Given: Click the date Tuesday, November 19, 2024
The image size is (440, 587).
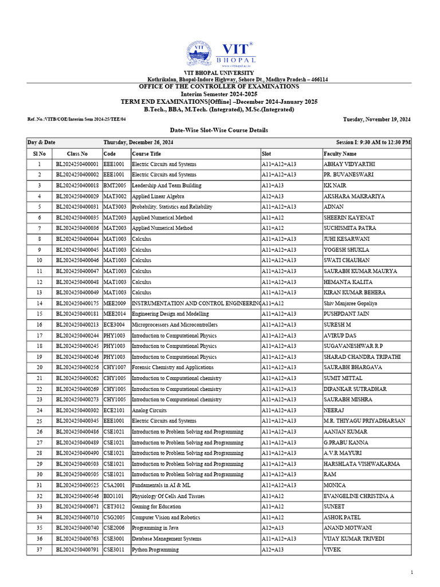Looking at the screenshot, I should click(376, 119).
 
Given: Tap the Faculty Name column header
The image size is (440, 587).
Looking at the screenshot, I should click(340, 154).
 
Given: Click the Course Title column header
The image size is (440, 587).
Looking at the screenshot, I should click(147, 154).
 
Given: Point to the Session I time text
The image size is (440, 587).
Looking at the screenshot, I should click(373, 142).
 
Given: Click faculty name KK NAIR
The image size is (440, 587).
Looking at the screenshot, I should click(335, 186).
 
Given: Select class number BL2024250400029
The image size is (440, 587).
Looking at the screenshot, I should click(77, 196).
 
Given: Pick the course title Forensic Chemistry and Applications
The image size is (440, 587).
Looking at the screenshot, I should click(172, 367).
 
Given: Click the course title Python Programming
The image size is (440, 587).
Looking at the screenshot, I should click(155, 550).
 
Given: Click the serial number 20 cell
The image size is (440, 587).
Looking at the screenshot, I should click(40, 367).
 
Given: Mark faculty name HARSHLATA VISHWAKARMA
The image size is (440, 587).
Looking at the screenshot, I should click(362, 464).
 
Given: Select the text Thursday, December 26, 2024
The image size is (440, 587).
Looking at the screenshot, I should click(138, 142).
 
